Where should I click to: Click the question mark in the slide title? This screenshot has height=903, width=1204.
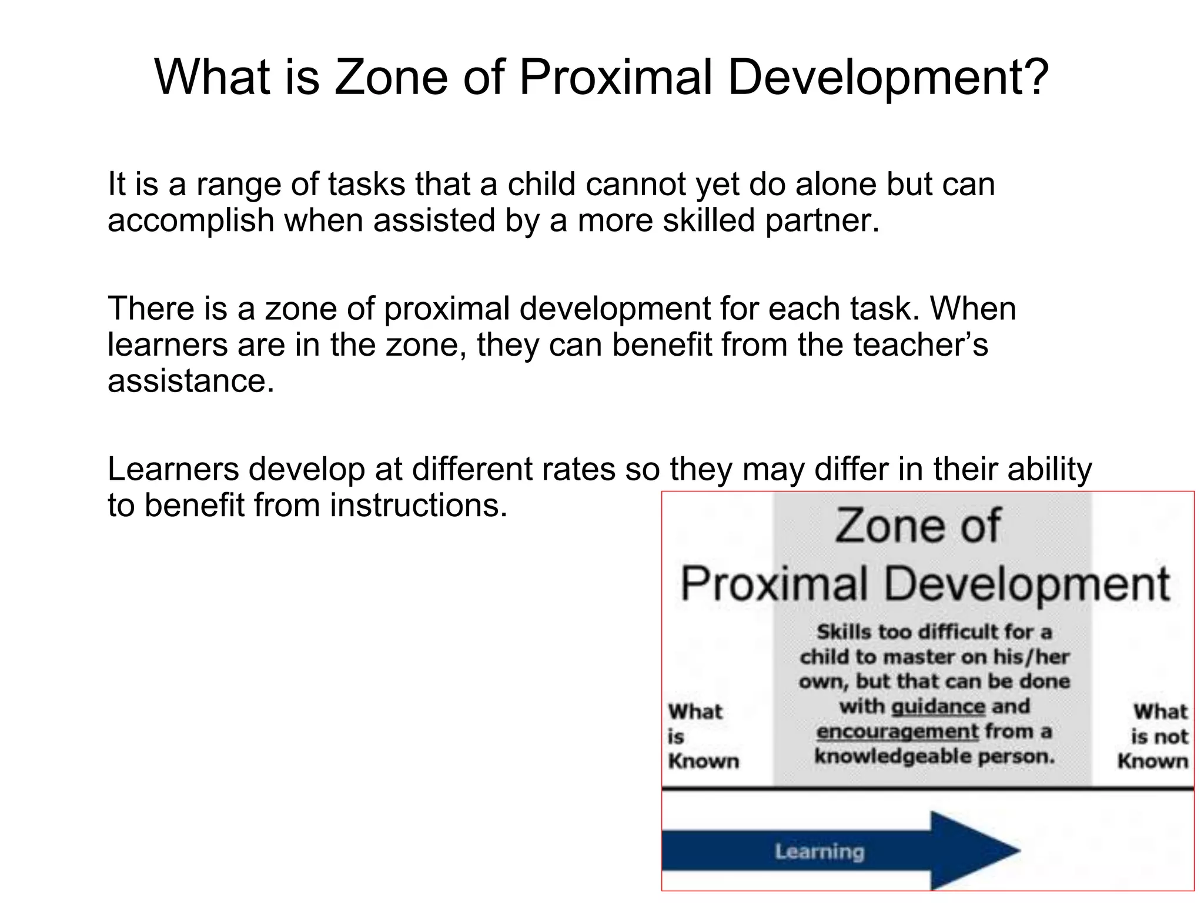[1034, 78]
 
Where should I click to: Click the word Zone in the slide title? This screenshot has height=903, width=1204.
[390, 78]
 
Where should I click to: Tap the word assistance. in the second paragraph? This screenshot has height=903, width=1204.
[191, 381]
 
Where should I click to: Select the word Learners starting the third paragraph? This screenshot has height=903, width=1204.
[173, 469]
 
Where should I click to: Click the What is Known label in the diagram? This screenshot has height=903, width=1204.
[703, 736]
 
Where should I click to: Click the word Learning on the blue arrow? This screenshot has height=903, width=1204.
[819, 851]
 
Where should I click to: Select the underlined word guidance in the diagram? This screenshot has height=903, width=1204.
[938, 706]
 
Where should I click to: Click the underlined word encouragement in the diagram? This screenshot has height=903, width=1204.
[897, 731]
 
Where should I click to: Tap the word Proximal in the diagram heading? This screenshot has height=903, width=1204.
[774, 584]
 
